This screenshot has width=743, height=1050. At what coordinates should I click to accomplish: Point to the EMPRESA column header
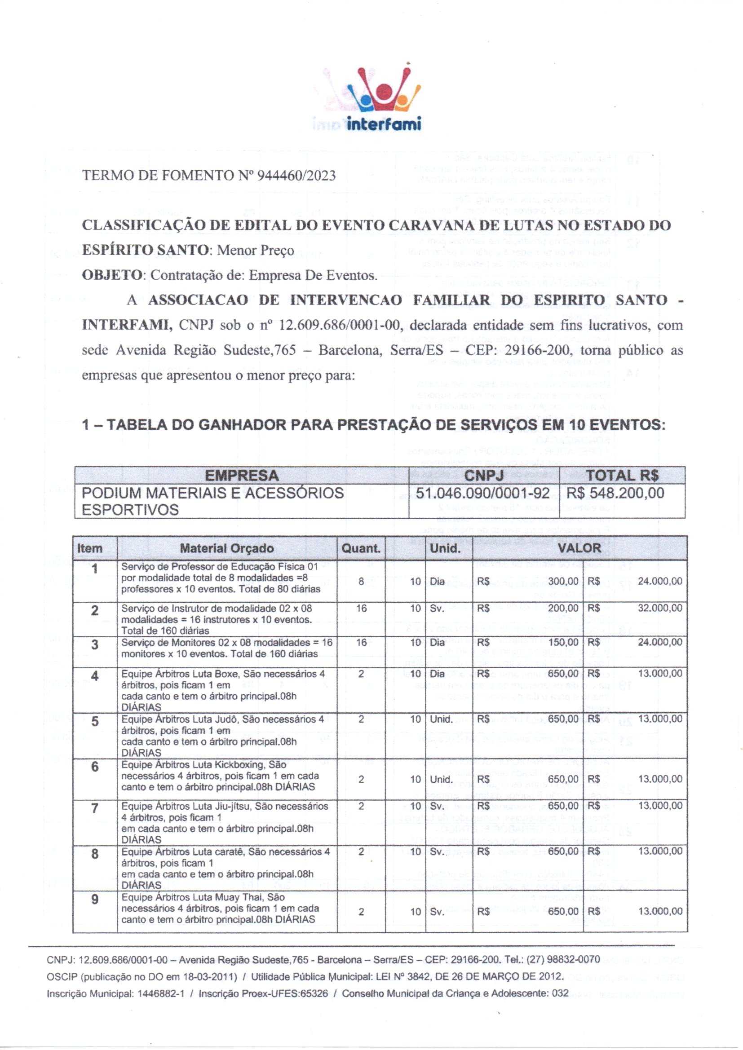(242, 476)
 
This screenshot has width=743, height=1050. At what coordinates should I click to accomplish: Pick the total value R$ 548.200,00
(615, 493)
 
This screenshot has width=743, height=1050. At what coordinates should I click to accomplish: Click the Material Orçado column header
(227, 548)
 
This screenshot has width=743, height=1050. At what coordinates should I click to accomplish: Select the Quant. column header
(361, 548)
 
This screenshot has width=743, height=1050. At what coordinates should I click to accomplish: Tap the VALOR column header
(579, 548)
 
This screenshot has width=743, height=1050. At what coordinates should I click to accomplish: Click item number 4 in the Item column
(95, 675)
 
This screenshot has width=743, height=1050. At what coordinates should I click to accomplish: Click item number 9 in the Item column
(95, 899)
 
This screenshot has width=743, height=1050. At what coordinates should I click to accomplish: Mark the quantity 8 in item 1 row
(362, 581)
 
